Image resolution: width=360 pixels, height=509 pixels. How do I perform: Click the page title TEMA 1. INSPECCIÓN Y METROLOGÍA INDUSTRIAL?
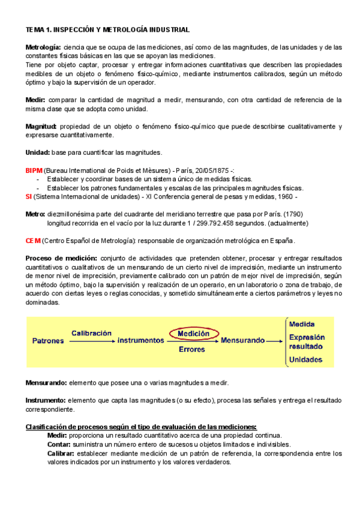(107, 29)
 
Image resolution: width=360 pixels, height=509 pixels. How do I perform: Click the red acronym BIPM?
(34, 171)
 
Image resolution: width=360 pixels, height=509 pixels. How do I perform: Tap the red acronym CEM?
(33, 241)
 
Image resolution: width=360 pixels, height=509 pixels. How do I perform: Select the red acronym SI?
(29, 196)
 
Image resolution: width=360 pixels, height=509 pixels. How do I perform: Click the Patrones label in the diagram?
(47, 340)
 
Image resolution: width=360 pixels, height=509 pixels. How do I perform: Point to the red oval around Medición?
(194, 333)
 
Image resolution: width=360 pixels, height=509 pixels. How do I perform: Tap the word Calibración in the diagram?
(92, 333)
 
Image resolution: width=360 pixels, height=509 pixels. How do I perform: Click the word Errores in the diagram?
(192, 349)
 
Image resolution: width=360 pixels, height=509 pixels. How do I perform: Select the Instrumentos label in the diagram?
(140, 340)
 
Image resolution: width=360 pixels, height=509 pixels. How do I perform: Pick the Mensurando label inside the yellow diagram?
(242, 340)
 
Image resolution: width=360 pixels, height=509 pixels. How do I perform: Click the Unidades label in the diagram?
(305, 360)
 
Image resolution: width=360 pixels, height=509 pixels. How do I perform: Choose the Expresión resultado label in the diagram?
(306, 342)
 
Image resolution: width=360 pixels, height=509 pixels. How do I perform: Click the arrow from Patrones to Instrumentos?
(91, 341)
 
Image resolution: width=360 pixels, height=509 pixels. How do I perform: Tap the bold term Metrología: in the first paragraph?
(43, 47)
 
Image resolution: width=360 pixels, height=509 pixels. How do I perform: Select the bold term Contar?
(59, 445)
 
